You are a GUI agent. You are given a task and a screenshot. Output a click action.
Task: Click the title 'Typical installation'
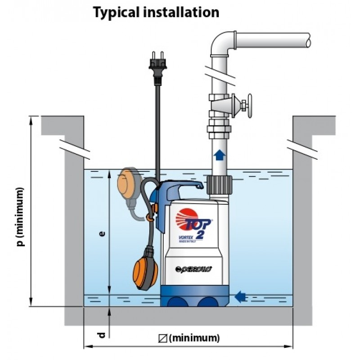click(156, 12)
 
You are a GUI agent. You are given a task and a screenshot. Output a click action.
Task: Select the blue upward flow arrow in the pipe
click(219, 155)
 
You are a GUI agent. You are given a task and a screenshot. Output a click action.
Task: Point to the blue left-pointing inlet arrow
click(241, 296)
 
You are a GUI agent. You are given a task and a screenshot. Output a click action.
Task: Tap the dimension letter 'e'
click(103, 234)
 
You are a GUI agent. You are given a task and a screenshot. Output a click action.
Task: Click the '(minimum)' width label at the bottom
click(195, 337)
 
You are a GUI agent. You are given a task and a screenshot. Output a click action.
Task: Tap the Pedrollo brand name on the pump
click(194, 269)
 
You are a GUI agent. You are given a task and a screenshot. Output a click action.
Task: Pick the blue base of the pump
click(196, 297)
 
